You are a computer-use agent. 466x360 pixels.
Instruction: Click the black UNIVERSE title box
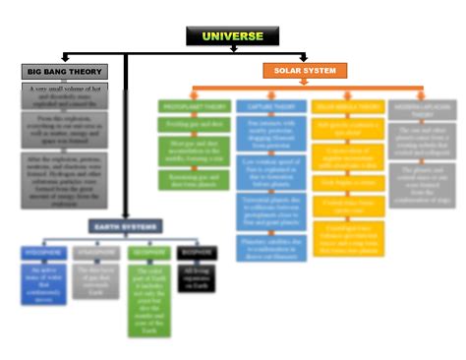(x=233, y=36)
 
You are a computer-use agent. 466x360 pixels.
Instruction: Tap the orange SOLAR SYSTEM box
(x=305, y=71)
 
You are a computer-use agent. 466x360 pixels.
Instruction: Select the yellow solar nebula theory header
(x=349, y=105)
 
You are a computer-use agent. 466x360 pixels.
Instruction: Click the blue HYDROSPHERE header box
(x=44, y=252)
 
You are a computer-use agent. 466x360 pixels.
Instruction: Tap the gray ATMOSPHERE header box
(x=94, y=252)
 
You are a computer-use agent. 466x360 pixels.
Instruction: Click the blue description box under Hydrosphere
(x=44, y=282)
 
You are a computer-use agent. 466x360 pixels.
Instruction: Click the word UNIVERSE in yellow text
(x=233, y=36)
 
